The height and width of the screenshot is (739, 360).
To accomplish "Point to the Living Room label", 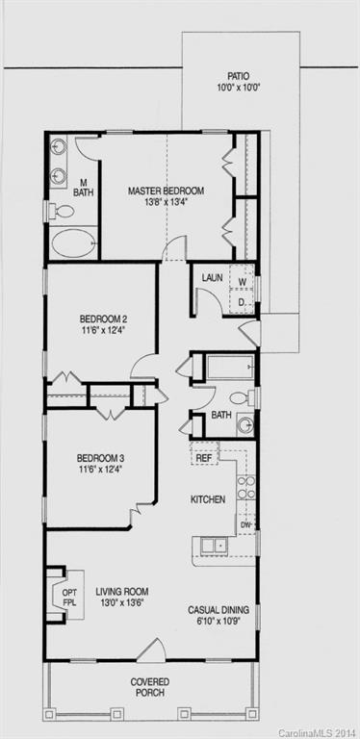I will pyautogui.click(x=121, y=598).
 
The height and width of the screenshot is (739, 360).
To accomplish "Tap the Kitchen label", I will pyautogui.click(x=208, y=499).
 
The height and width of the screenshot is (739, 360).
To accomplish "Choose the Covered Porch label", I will pyautogui.click(x=150, y=686).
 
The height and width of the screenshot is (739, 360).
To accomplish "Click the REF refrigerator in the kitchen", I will pyautogui.click(x=204, y=458).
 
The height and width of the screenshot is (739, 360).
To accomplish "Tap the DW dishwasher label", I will pyautogui.click(x=245, y=525).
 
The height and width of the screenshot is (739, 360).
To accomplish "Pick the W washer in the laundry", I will pyautogui.click(x=243, y=282).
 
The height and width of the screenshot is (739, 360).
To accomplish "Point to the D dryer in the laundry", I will pyautogui.click(x=243, y=303).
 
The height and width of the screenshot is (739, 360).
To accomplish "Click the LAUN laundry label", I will pyautogui.click(x=212, y=278).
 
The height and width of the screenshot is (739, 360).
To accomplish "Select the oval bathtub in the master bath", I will pyautogui.click(x=74, y=242).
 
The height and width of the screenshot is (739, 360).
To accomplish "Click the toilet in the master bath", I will pyautogui.click(x=62, y=211).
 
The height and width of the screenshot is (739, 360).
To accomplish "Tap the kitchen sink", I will pyautogui.click(x=213, y=546).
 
